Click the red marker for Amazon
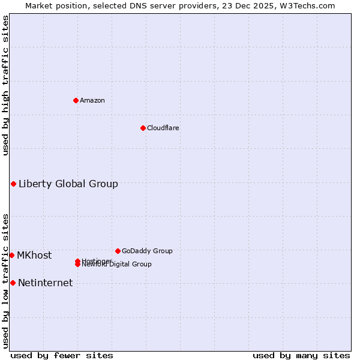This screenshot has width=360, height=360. click(x=76, y=100)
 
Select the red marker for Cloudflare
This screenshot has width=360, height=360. click(x=143, y=128)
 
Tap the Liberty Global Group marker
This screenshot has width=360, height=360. click(x=13, y=184)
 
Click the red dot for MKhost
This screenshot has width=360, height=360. click(x=11, y=255)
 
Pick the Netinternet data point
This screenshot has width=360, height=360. click(x=13, y=283)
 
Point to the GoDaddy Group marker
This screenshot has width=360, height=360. click(x=118, y=251)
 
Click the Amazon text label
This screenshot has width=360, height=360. click(x=92, y=100)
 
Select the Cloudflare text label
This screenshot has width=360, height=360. click(x=163, y=128)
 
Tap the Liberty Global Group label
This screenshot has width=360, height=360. click(x=68, y=184)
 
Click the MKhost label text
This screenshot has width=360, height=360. click(x=34, y=255)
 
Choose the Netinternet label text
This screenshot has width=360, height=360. click(x=45, y=283)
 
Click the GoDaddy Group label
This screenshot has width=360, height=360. click(x=147, y=251)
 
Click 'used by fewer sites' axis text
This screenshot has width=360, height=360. click(x=62, y=355)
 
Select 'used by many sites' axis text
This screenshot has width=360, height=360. click(x=301, y=355)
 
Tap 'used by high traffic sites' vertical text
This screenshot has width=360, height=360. click(x=5, y=86)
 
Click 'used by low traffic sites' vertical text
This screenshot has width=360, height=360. click(x=5, y=280)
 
